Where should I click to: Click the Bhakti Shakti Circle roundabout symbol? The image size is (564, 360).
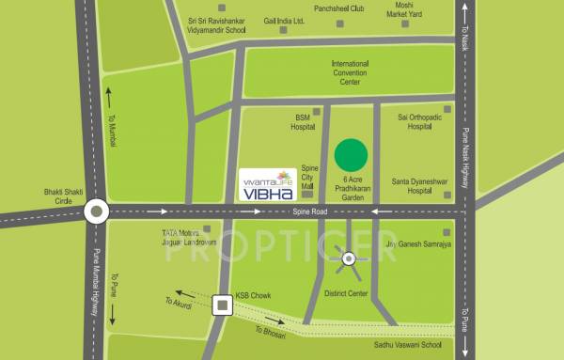[x=96, y=212]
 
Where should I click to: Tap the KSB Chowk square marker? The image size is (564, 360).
[x=223, y=305]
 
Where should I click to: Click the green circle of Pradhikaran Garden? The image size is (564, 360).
[x=352, y=154]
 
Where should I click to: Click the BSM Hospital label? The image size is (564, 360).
[x=302, y=121]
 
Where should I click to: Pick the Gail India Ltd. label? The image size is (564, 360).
[x=286, y=19]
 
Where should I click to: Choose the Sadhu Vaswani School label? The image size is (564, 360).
[x=427, y=345]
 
